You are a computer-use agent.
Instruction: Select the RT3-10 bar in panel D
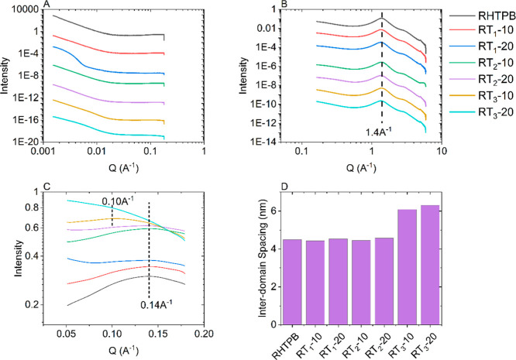tap(463, 274)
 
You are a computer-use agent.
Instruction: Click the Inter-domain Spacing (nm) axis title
tap(253, 267)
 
